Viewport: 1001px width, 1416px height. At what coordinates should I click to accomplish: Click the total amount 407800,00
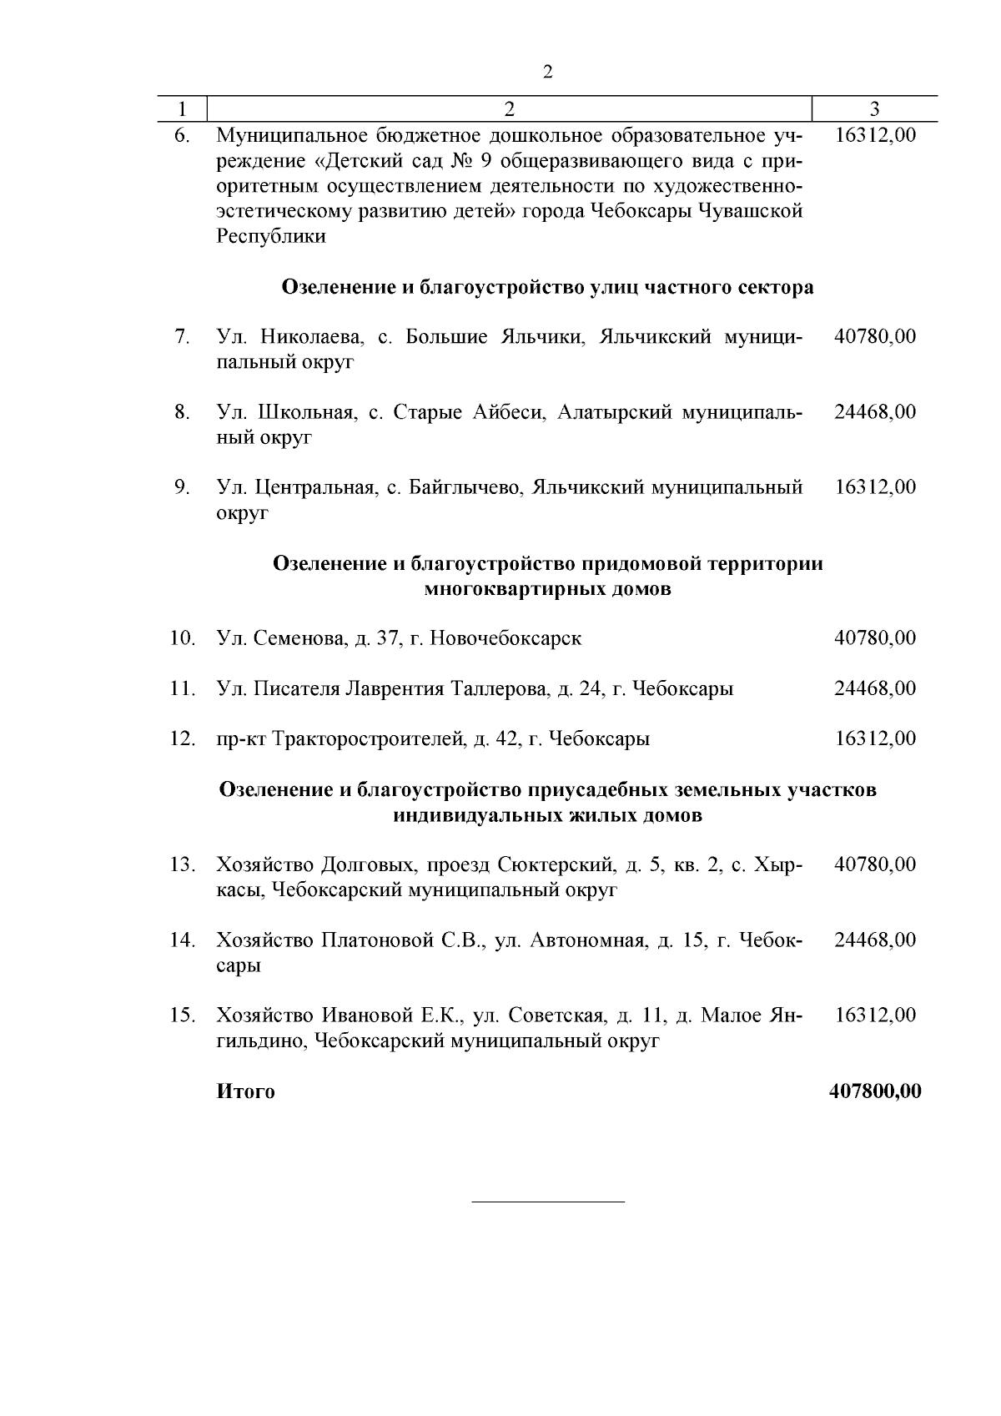pos(875,1091)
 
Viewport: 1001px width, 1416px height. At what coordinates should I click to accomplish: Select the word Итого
pos(245,1091)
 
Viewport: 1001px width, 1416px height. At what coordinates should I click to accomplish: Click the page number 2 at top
pos(547,72)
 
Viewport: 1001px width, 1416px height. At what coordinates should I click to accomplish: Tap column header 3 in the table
pos(874,108)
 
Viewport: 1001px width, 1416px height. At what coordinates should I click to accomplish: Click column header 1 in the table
pos(182,108)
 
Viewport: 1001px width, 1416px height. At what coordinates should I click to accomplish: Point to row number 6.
pos(183,135)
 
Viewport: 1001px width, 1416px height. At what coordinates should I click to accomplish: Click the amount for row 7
pos(875,337)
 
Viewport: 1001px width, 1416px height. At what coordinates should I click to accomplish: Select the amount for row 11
pos(875,688)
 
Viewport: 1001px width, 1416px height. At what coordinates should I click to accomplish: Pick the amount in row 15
pos(875,1015)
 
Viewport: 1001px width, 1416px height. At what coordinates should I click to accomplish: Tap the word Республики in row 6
pos(271,236)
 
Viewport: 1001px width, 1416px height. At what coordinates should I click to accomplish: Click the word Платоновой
pos(378,940)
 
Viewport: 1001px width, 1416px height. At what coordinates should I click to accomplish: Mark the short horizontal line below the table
pos(548,1202)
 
